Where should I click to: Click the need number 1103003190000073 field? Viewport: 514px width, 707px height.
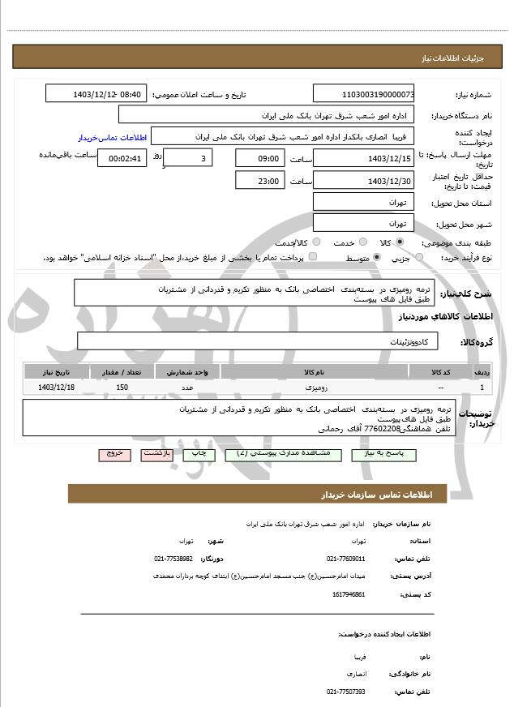364,94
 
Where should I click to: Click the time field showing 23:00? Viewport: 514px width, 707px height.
259,181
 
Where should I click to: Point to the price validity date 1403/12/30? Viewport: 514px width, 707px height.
364,181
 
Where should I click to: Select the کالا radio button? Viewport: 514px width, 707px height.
400,242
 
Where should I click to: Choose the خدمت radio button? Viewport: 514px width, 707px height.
362,242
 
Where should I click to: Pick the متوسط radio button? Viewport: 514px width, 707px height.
376,257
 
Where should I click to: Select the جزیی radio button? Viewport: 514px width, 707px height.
418,257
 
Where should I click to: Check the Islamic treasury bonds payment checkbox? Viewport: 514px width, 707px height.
313,257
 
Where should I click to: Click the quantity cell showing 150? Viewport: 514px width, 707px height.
122,388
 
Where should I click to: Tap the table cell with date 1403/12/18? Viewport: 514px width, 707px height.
56,388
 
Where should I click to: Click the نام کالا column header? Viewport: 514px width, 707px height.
314,371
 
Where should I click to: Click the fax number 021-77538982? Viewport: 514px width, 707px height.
173,559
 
